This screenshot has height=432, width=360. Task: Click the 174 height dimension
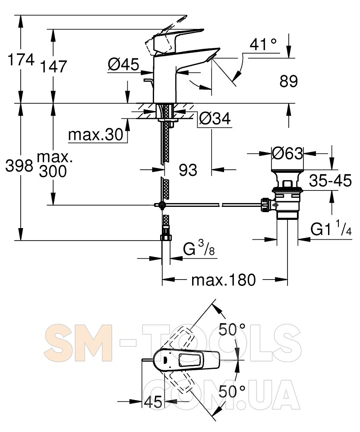21,60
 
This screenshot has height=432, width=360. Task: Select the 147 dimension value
54,67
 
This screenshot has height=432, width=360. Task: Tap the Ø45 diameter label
123,65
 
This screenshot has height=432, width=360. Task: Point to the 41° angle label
263,44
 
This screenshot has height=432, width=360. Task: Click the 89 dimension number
289,82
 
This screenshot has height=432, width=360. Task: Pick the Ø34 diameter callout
215,119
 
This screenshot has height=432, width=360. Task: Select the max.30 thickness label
96,135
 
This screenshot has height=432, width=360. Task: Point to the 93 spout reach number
188,170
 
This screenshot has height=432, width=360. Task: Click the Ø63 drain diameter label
287,153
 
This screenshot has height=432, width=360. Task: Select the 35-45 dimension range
330,181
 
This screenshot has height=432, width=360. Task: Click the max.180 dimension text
224,280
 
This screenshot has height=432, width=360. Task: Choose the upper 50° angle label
232,330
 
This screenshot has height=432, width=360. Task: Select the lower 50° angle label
232,391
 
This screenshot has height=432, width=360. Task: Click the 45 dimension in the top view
153,402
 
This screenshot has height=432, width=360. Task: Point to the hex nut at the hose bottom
166,238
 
